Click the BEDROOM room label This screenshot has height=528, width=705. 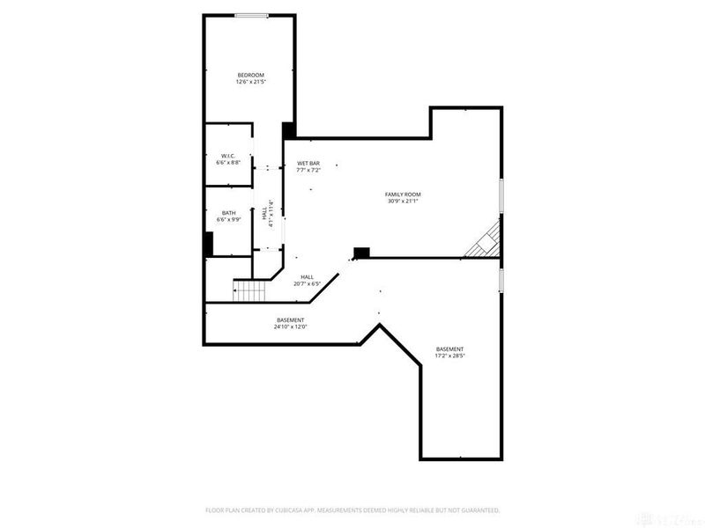251,75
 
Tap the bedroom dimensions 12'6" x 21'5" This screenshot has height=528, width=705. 251,82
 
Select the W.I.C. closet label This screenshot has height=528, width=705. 228,156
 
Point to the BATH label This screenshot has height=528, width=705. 228,212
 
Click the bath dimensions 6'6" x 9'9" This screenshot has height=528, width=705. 228,219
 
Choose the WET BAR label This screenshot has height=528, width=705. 308,163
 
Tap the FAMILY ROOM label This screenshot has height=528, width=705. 403,194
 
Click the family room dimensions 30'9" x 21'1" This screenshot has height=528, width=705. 403,201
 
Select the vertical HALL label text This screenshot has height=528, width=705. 264,214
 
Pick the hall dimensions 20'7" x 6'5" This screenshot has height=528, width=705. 308,283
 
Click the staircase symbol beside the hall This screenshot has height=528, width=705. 249,290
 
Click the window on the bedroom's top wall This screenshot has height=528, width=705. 251,15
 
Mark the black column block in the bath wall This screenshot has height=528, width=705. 209,243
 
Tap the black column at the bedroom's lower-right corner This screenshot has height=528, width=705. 288,130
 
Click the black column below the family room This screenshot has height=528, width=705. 360,253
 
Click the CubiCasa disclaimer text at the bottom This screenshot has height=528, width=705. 352,510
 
